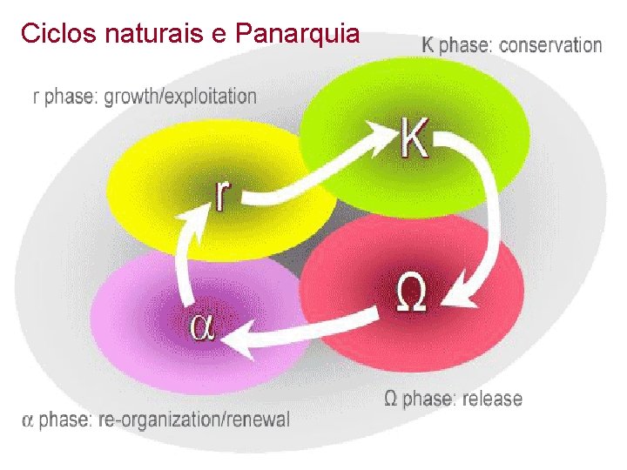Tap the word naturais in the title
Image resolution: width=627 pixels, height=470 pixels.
[x=145, y=34]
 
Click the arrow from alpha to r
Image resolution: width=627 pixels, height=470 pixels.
[x=185, y=252]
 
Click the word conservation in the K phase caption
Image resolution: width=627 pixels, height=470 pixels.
[x=547, y=45]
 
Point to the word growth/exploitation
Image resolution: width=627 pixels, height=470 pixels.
[x=180, y=96]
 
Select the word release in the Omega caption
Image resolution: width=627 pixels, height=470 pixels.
[x=492, y=399]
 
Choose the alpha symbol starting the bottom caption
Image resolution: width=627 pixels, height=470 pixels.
[x=28, y=420]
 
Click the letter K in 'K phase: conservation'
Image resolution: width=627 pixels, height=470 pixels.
[x=428, y=45]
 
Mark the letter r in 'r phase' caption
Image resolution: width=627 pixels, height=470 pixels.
[x=37, y=97]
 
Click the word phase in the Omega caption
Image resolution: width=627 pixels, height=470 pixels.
[x=428, y=399]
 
